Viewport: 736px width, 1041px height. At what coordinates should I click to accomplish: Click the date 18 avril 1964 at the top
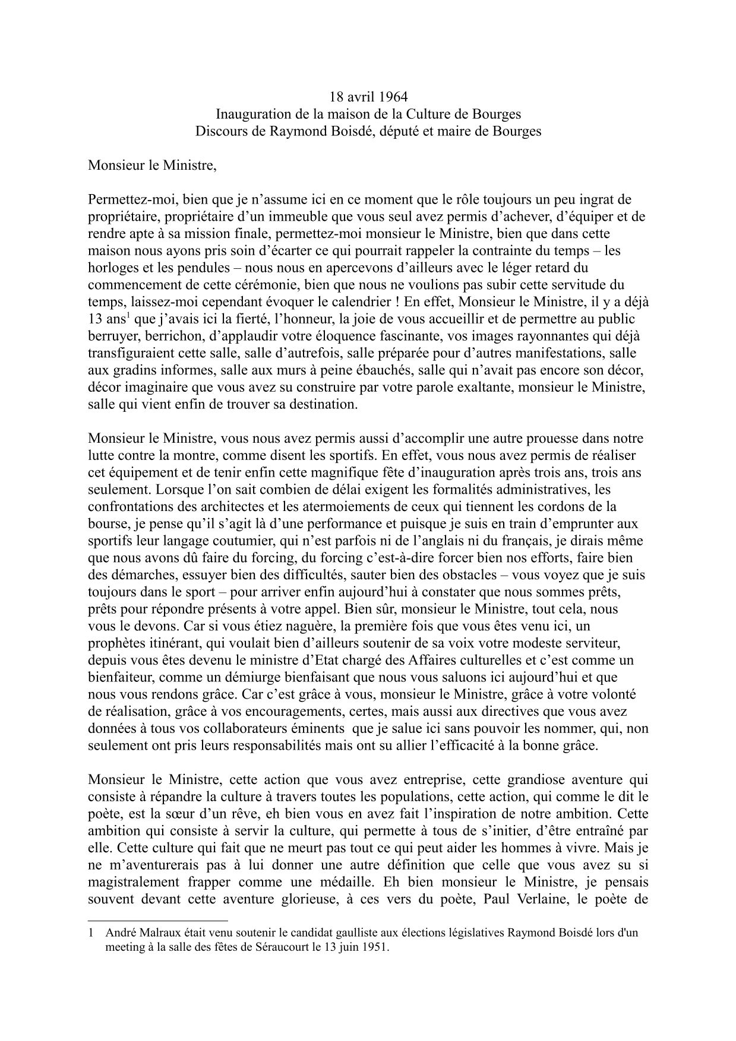click(368, 96)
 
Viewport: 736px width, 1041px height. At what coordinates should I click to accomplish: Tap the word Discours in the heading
click(219, 131)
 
